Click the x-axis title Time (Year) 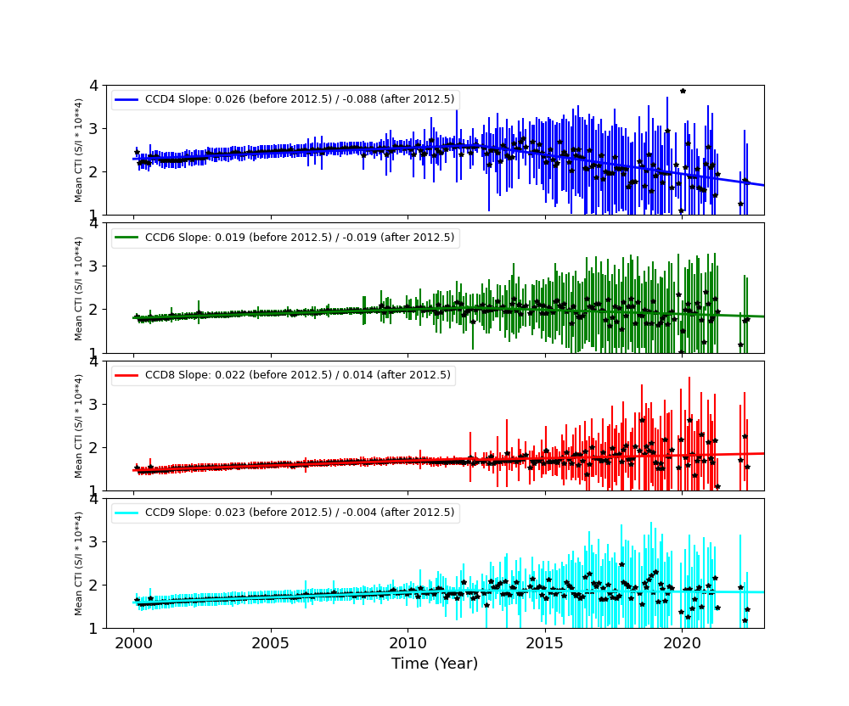435,664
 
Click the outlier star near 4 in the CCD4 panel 683,91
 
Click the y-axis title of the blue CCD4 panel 79,150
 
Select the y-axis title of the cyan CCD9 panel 79,563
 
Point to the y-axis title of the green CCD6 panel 79,288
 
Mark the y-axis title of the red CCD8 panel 79,426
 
